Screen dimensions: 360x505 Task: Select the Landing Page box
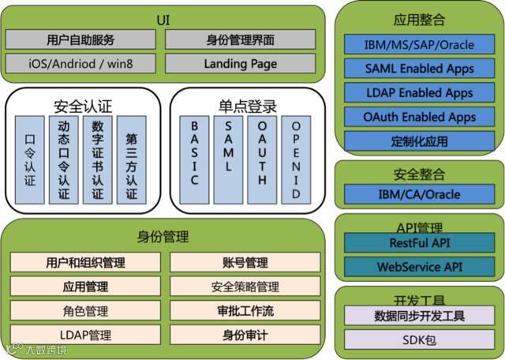pos(242,62)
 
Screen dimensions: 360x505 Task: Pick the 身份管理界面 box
pos(242,39)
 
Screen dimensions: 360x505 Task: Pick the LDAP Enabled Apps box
pos(419,93)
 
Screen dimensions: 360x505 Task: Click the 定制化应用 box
pos(419,142)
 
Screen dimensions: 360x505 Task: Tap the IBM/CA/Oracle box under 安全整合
pos(419,194)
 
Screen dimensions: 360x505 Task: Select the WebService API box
pos(419,267)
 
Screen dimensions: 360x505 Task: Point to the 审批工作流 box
pos(245,311)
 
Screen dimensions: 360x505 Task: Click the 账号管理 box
pos(245,262)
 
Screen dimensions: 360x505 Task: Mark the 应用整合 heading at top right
pos(419,21)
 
